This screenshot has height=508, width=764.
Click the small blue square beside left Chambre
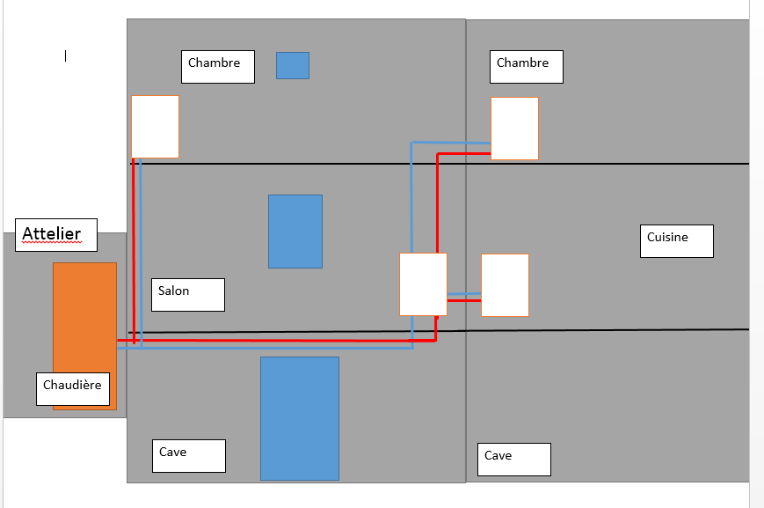pos(293,65)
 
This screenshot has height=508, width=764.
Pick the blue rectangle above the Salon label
pos(295,232)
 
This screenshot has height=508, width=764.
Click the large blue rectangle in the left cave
pos(300,418)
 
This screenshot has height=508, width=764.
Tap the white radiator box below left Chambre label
pos(155,126)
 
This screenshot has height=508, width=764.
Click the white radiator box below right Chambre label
pos(514,129)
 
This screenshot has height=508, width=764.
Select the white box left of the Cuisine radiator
pos(423,284)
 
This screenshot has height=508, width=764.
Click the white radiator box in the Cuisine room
pos(505,284)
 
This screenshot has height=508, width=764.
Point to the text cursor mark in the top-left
pos(65,55)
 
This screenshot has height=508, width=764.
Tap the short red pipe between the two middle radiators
pos(464,301)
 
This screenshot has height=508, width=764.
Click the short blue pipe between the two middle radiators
pos(464,293)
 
